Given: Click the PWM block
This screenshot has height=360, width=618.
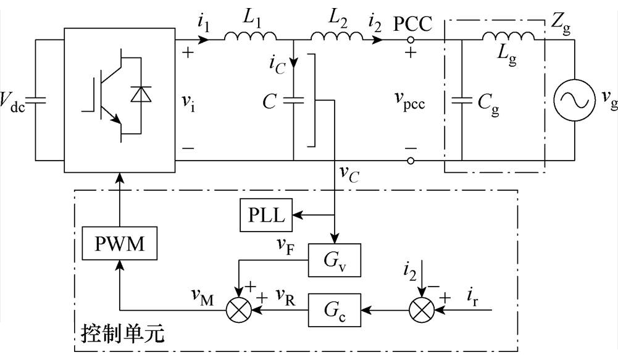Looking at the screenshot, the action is click(x=119, y=243).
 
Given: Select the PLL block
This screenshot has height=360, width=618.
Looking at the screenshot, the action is click(x=266, y=216).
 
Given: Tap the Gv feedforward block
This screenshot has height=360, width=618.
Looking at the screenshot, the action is click(x=334, y=260).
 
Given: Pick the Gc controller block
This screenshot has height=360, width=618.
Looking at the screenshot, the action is click(x=334, y=311).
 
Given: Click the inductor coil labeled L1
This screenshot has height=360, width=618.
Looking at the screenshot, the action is click(x=250, y=36).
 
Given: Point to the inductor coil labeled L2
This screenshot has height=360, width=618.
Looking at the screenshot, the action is click(x=337, y=36).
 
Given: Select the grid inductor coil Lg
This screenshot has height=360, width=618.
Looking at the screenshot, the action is click(x=509, y=36).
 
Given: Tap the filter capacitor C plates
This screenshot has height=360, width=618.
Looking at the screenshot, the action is click(x=294, y=100).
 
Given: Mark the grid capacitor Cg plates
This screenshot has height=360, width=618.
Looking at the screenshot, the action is click(x=462, y=100).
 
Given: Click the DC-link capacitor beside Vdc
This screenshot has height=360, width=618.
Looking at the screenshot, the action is click(x=35, y=100).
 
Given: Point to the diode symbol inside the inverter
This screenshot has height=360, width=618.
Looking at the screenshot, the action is click(x=140, y=94).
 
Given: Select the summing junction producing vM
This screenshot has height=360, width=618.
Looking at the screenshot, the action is click(x=239, y=311).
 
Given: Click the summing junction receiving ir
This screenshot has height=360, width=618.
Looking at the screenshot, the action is click(x=422, y=311).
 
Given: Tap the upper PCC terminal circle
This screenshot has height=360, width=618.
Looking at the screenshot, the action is click(x=411, y=40).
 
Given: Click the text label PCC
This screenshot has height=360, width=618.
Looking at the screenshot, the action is click(x=413, y=24).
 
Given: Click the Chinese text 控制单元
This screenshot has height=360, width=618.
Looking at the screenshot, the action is click(x=123, y=334).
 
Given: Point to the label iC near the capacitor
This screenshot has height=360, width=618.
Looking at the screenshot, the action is click(x=277, y=64).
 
